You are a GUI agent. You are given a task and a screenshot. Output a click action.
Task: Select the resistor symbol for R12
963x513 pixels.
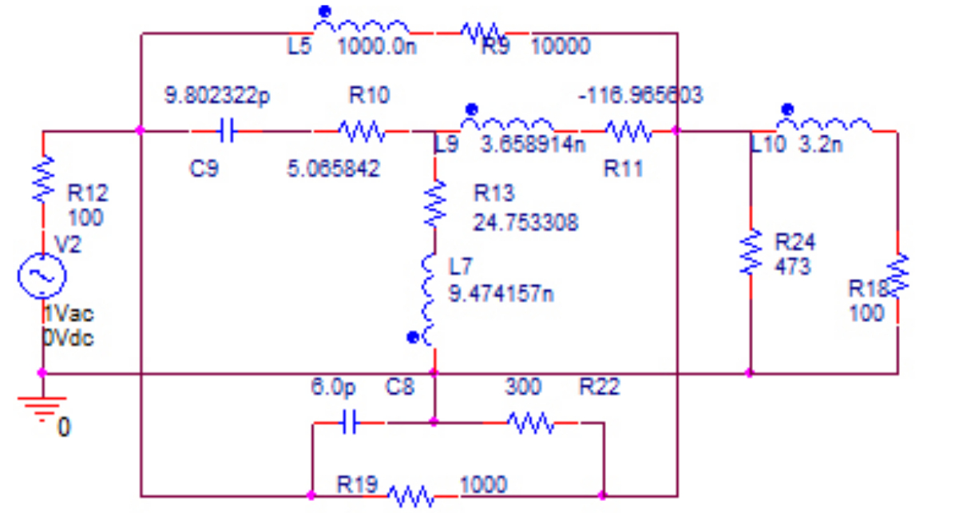pyautogui.click(x=42, y=181)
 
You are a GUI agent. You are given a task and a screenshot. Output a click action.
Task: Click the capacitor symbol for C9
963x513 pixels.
pyautogui.click(x=226, y=130)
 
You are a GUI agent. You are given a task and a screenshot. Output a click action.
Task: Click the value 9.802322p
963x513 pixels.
pyautogui.click(x=216, y=96)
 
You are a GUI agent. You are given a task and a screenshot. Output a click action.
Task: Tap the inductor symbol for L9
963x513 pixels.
pyautogui.click(x=508, y=125)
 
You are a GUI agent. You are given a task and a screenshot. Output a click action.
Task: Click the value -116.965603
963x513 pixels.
pyautogui.click(x=640, y=96)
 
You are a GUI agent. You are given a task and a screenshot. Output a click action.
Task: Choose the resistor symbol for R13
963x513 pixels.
pyautogui.click(x=434, y=204)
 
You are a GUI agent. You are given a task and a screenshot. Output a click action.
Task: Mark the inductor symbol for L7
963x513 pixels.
pyautogui.click(x=432, y=300)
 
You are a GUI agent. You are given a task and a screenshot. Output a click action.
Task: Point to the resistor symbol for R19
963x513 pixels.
pyautogui.click(x=411, y=495)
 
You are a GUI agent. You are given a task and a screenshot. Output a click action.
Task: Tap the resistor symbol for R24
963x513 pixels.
pyautogui.click(x=750, y=253)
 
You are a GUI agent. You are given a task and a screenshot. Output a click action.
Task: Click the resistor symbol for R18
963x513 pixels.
pyautogui.click(x=899, y=275)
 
